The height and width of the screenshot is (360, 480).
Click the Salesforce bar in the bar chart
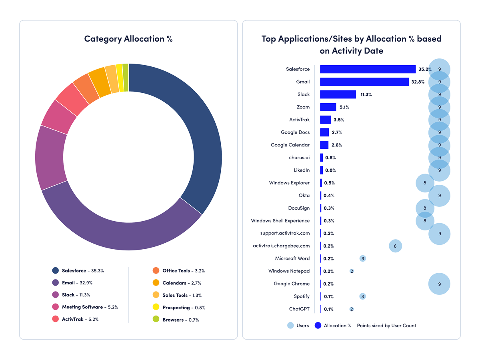[368, 69]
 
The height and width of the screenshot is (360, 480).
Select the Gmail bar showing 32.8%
[364, 82]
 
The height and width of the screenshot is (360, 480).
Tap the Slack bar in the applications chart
[338, 94]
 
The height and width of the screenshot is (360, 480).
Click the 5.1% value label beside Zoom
[344, 107]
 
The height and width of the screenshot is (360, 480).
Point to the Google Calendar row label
[290, 145]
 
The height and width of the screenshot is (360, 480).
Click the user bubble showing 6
[395, 246]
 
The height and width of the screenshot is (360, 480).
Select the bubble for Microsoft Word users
[362, 259]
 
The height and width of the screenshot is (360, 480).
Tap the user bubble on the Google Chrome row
[439, 284]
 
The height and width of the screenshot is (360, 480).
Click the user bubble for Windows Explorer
[425, 183]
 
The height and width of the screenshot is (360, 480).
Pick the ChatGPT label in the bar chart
[299, 309]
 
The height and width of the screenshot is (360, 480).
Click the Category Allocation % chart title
[128, 39]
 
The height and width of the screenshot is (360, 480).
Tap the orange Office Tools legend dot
[156, 271]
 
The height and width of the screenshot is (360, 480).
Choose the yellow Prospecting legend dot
[156, 307]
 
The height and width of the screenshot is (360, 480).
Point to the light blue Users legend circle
[290, 326]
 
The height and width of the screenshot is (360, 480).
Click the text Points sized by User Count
[386, 326]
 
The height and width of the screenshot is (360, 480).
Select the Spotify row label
[302, 296]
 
